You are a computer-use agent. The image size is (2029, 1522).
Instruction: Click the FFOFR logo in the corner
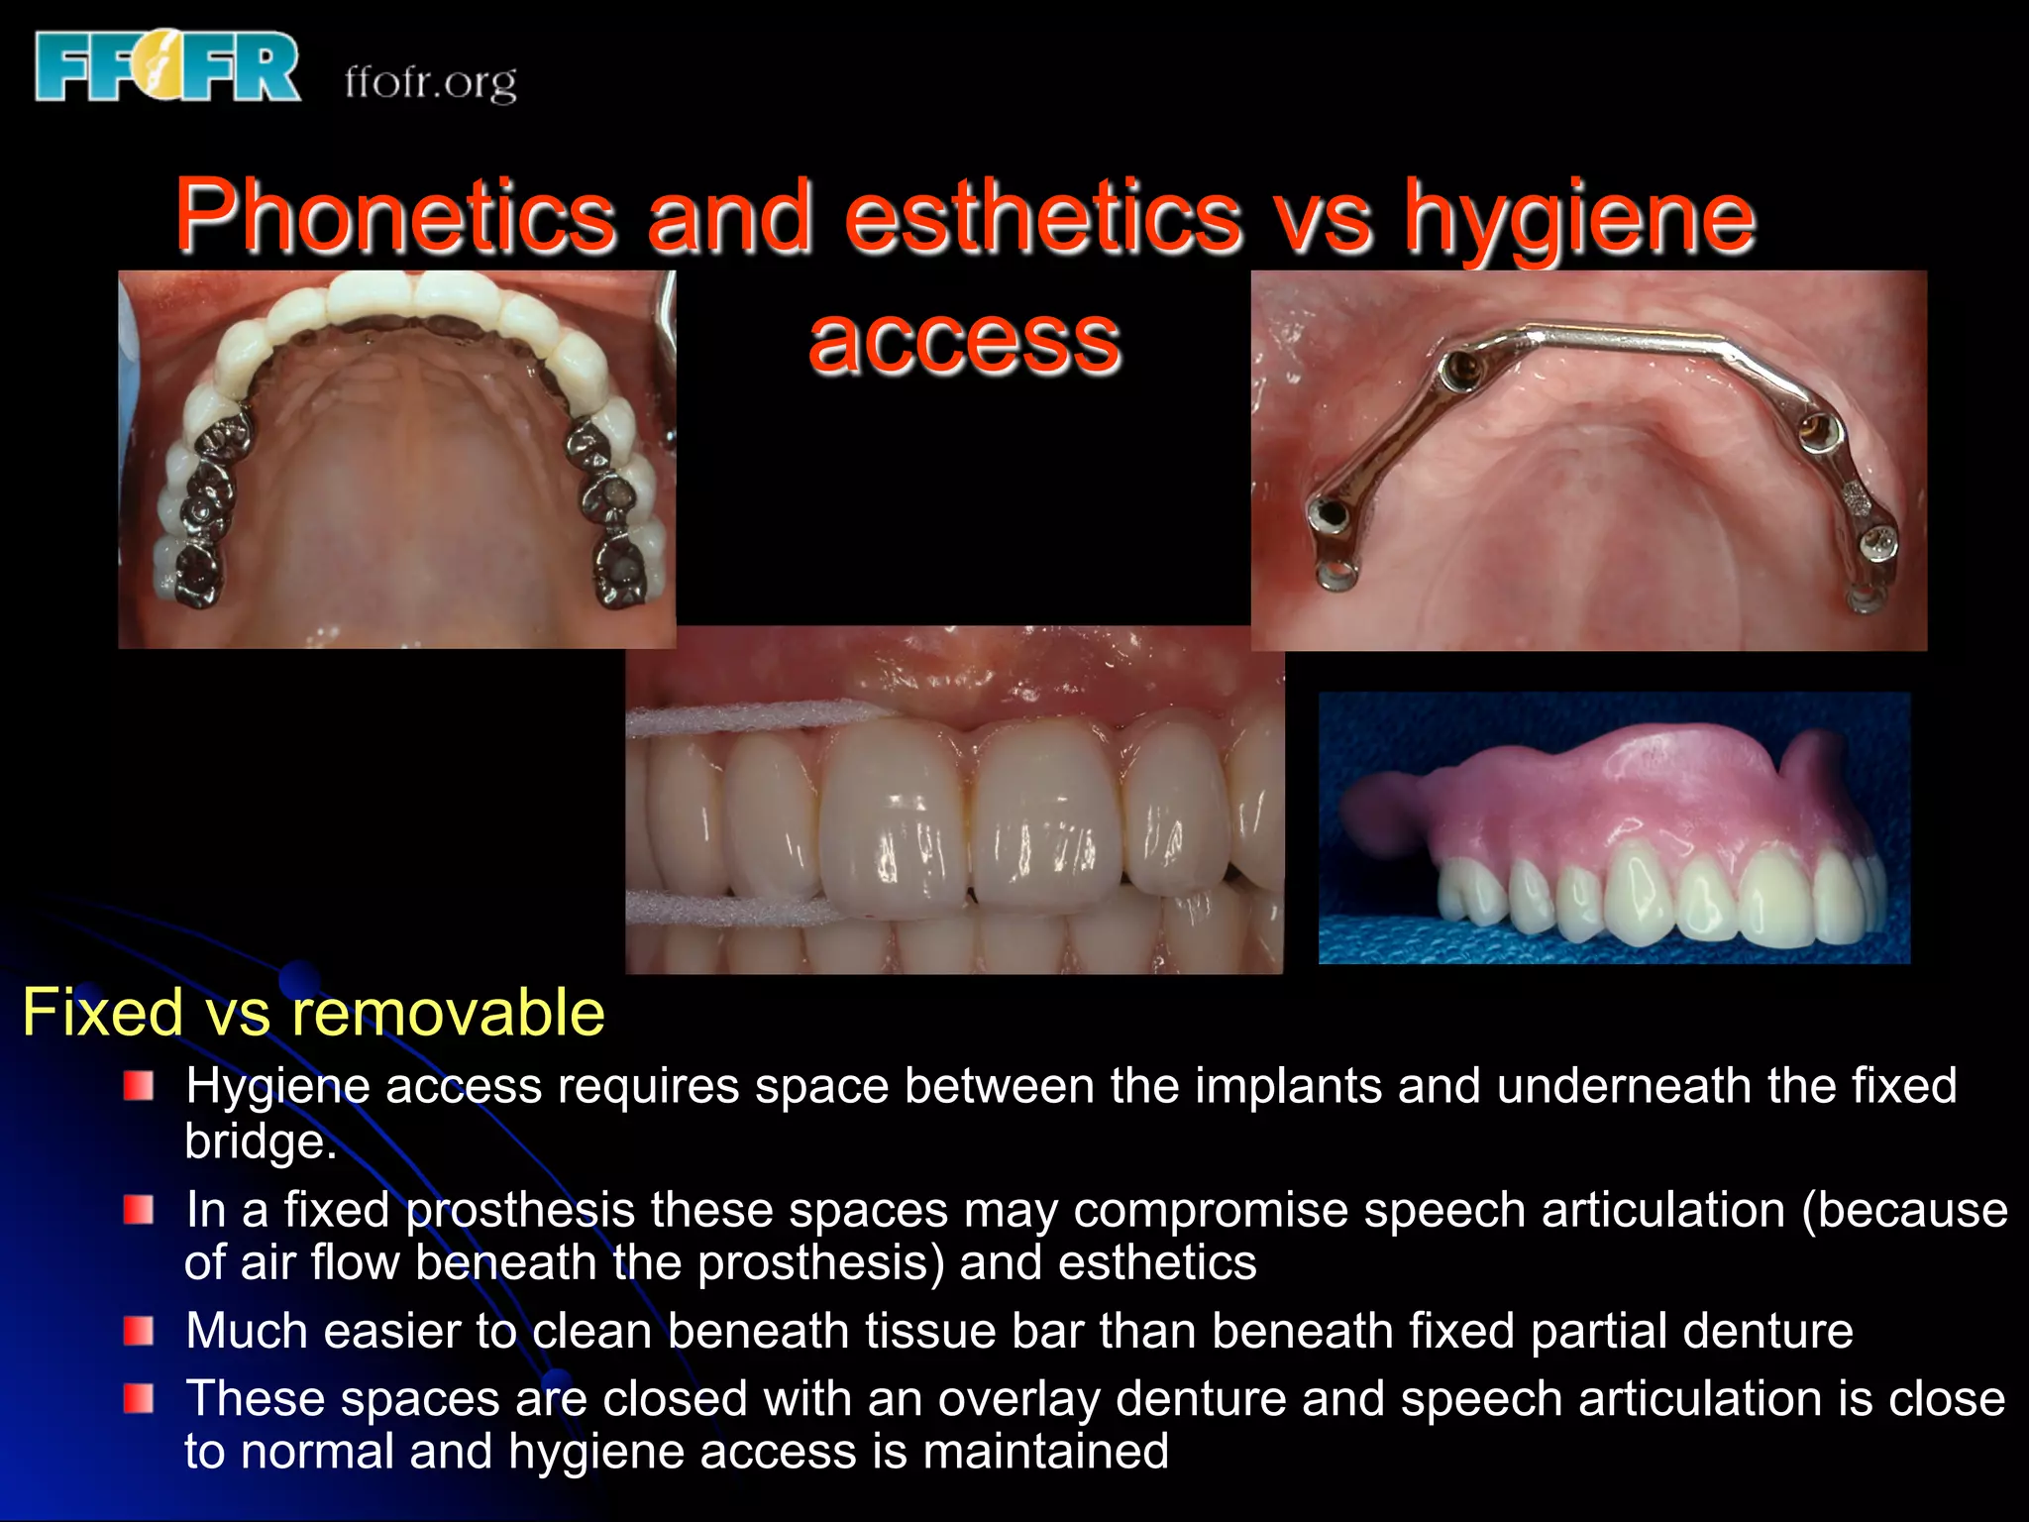[x=166, y=66]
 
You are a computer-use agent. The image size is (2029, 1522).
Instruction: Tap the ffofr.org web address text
[x=431, y=81]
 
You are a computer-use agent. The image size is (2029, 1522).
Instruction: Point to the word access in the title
[x=964, y=340]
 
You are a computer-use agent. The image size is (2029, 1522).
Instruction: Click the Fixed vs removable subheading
[x=313, y=1013]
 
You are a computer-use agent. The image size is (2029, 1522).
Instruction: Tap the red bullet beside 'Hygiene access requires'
[x=139, y=1086]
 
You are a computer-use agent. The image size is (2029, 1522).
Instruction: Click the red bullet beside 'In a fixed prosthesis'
[x=139, y=1210]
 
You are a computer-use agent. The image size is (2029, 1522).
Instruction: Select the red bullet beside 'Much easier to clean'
[x=139, y=1331]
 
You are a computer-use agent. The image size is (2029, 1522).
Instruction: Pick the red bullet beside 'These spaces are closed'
[x=139, y=1399]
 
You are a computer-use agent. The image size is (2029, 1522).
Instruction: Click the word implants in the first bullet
[x=1288, y=1086]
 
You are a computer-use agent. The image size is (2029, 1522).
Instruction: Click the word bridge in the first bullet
[x=256, y=1141]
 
